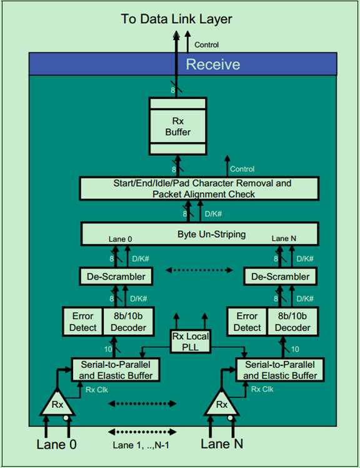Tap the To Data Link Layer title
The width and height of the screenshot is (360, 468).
pos(177,19)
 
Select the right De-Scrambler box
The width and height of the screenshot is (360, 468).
pos(279,276)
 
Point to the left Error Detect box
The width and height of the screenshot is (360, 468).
pos(82,321)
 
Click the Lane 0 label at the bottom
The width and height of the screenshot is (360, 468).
pos(56,444)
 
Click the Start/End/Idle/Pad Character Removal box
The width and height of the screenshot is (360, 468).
pos(199,188)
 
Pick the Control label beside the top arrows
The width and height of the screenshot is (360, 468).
pos(207,44)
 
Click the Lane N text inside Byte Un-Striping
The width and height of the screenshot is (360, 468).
pos(284,238)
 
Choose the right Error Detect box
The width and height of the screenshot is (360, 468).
pos(247,321)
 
